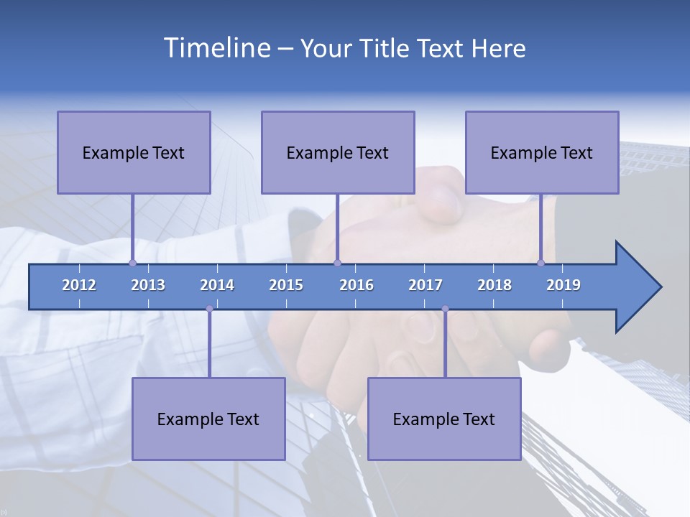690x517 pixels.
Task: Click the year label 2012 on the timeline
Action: click(x=79, y=285)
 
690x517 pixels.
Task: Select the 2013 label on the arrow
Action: click(x=148, y=285)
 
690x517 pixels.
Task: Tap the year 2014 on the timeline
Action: click(x=217, y=285)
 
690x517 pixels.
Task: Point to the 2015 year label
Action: click(x=286, y=285)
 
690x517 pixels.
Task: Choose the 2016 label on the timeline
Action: click(x=356, y=285)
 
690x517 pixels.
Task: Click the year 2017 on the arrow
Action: click(x=425, y=285)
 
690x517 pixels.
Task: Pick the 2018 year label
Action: click(x=494, y=285)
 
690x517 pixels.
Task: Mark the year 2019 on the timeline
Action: click(x=563, y=285)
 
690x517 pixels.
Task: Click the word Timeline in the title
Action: click(x=216, y=48)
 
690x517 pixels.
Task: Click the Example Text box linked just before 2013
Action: click(x=134, y=152)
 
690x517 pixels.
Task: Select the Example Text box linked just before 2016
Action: click(x=338, y=152)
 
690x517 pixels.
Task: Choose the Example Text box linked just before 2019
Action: click(x=542, y=152)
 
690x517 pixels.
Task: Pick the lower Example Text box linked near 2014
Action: click(x=208, y=419)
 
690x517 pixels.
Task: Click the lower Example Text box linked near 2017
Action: click(x=444, y=419)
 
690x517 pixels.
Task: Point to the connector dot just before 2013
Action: click(x=132, y=263)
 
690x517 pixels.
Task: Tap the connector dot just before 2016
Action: click(x=337, y=263)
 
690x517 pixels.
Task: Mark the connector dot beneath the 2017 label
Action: click(x=445, y=309)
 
